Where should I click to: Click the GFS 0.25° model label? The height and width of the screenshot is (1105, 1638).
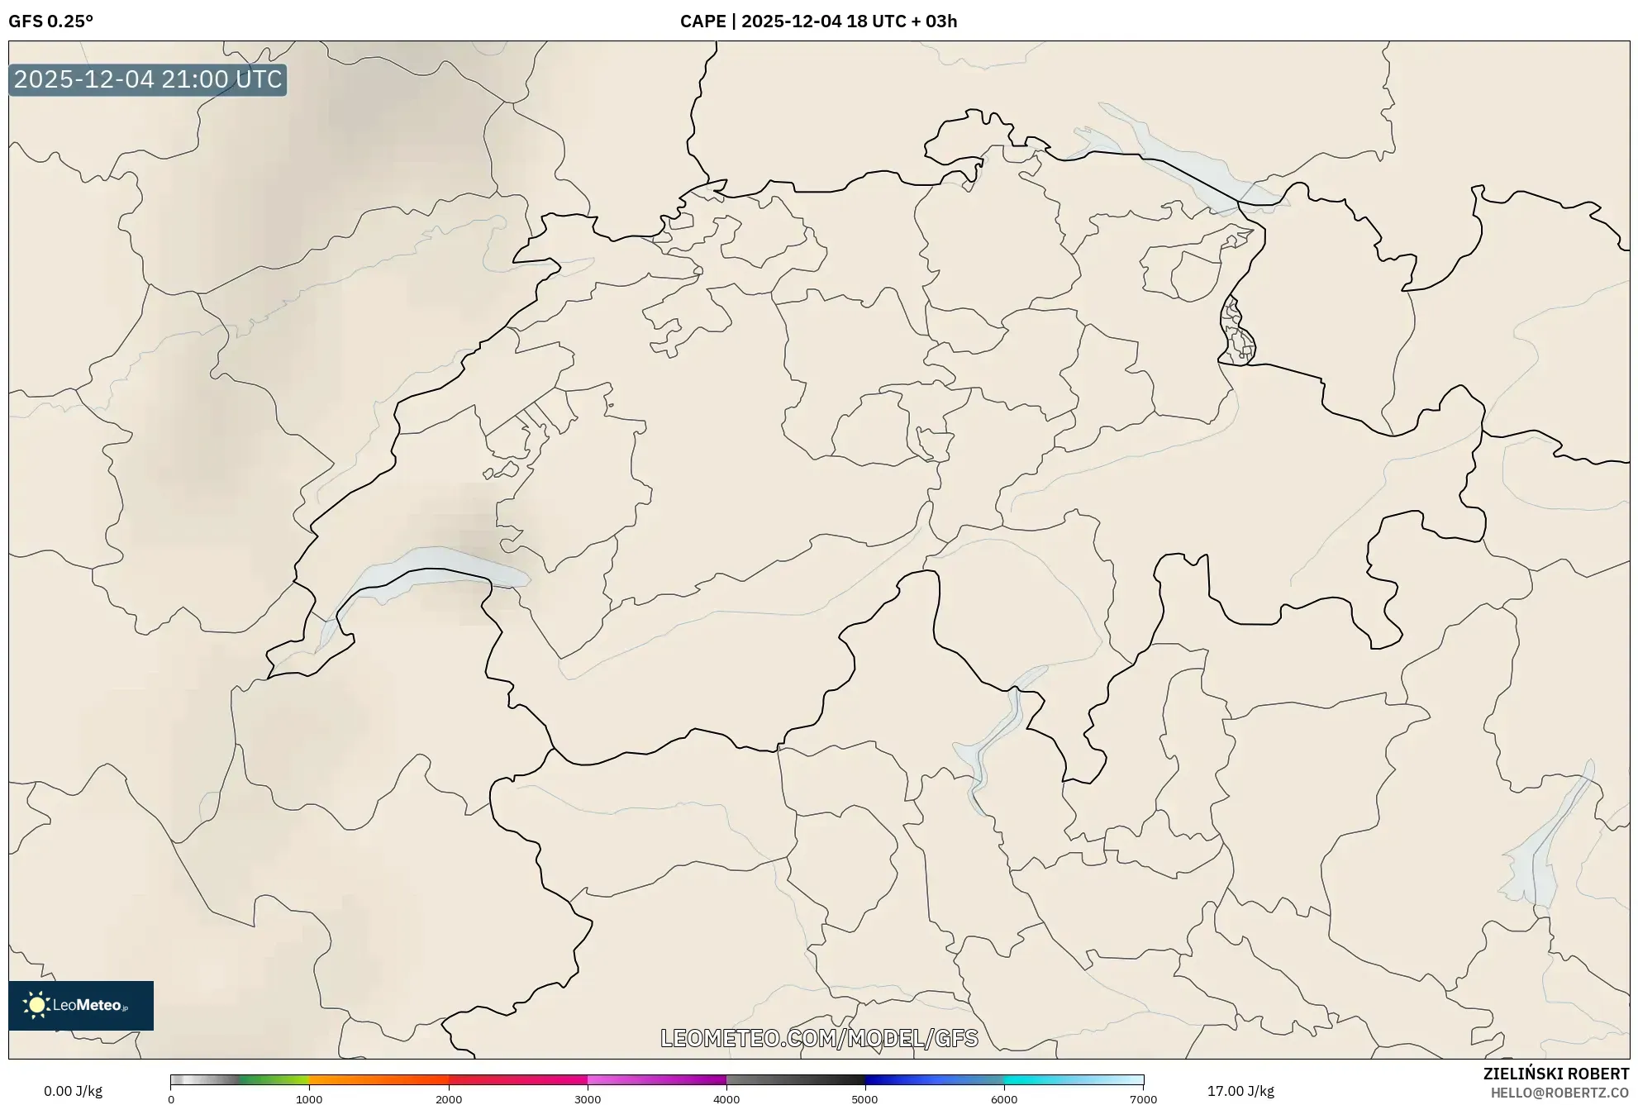50,21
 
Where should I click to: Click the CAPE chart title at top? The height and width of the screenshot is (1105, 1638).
818,21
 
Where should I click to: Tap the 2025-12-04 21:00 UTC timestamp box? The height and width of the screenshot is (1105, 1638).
148,79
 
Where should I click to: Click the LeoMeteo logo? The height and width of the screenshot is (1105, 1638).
81,1005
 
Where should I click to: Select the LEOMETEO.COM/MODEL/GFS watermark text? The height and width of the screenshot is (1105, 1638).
819,1038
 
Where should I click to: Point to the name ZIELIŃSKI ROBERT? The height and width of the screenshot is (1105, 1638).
1555,1074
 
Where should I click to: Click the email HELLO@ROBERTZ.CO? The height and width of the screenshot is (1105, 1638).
1559,1093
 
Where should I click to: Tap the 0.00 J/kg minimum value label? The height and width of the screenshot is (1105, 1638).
74,1091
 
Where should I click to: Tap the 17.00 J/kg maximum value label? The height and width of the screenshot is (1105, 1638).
1240,1091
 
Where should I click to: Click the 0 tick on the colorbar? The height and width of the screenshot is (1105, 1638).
171,1099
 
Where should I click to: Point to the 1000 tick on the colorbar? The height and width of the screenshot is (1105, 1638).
309,1099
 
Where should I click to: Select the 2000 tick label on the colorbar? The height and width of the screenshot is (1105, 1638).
449,1099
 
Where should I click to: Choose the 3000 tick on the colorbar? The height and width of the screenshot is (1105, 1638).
588,1099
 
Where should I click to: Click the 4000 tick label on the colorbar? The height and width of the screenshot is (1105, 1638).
726,1099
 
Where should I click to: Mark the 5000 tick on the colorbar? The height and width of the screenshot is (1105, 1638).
865,1099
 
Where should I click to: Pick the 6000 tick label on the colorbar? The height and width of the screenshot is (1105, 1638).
1004,1099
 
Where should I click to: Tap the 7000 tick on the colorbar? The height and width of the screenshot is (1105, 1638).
1143,1099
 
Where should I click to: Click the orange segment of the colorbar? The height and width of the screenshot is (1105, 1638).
364,1080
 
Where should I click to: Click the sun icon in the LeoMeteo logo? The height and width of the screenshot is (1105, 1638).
36,1005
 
